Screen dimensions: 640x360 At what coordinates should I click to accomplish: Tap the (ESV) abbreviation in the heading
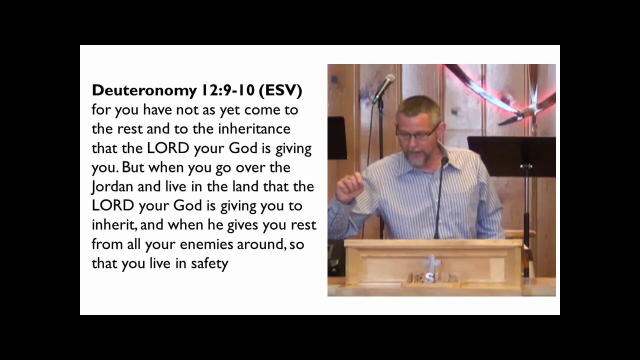pos(280,91)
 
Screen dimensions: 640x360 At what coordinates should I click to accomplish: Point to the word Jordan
pos(110,187)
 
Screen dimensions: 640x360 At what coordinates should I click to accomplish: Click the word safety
pos(209,264)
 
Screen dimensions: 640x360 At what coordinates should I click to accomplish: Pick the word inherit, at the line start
pos(114,225)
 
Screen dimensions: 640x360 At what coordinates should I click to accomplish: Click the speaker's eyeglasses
pos(417,132)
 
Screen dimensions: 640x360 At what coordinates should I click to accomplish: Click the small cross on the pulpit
pos(430,264)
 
